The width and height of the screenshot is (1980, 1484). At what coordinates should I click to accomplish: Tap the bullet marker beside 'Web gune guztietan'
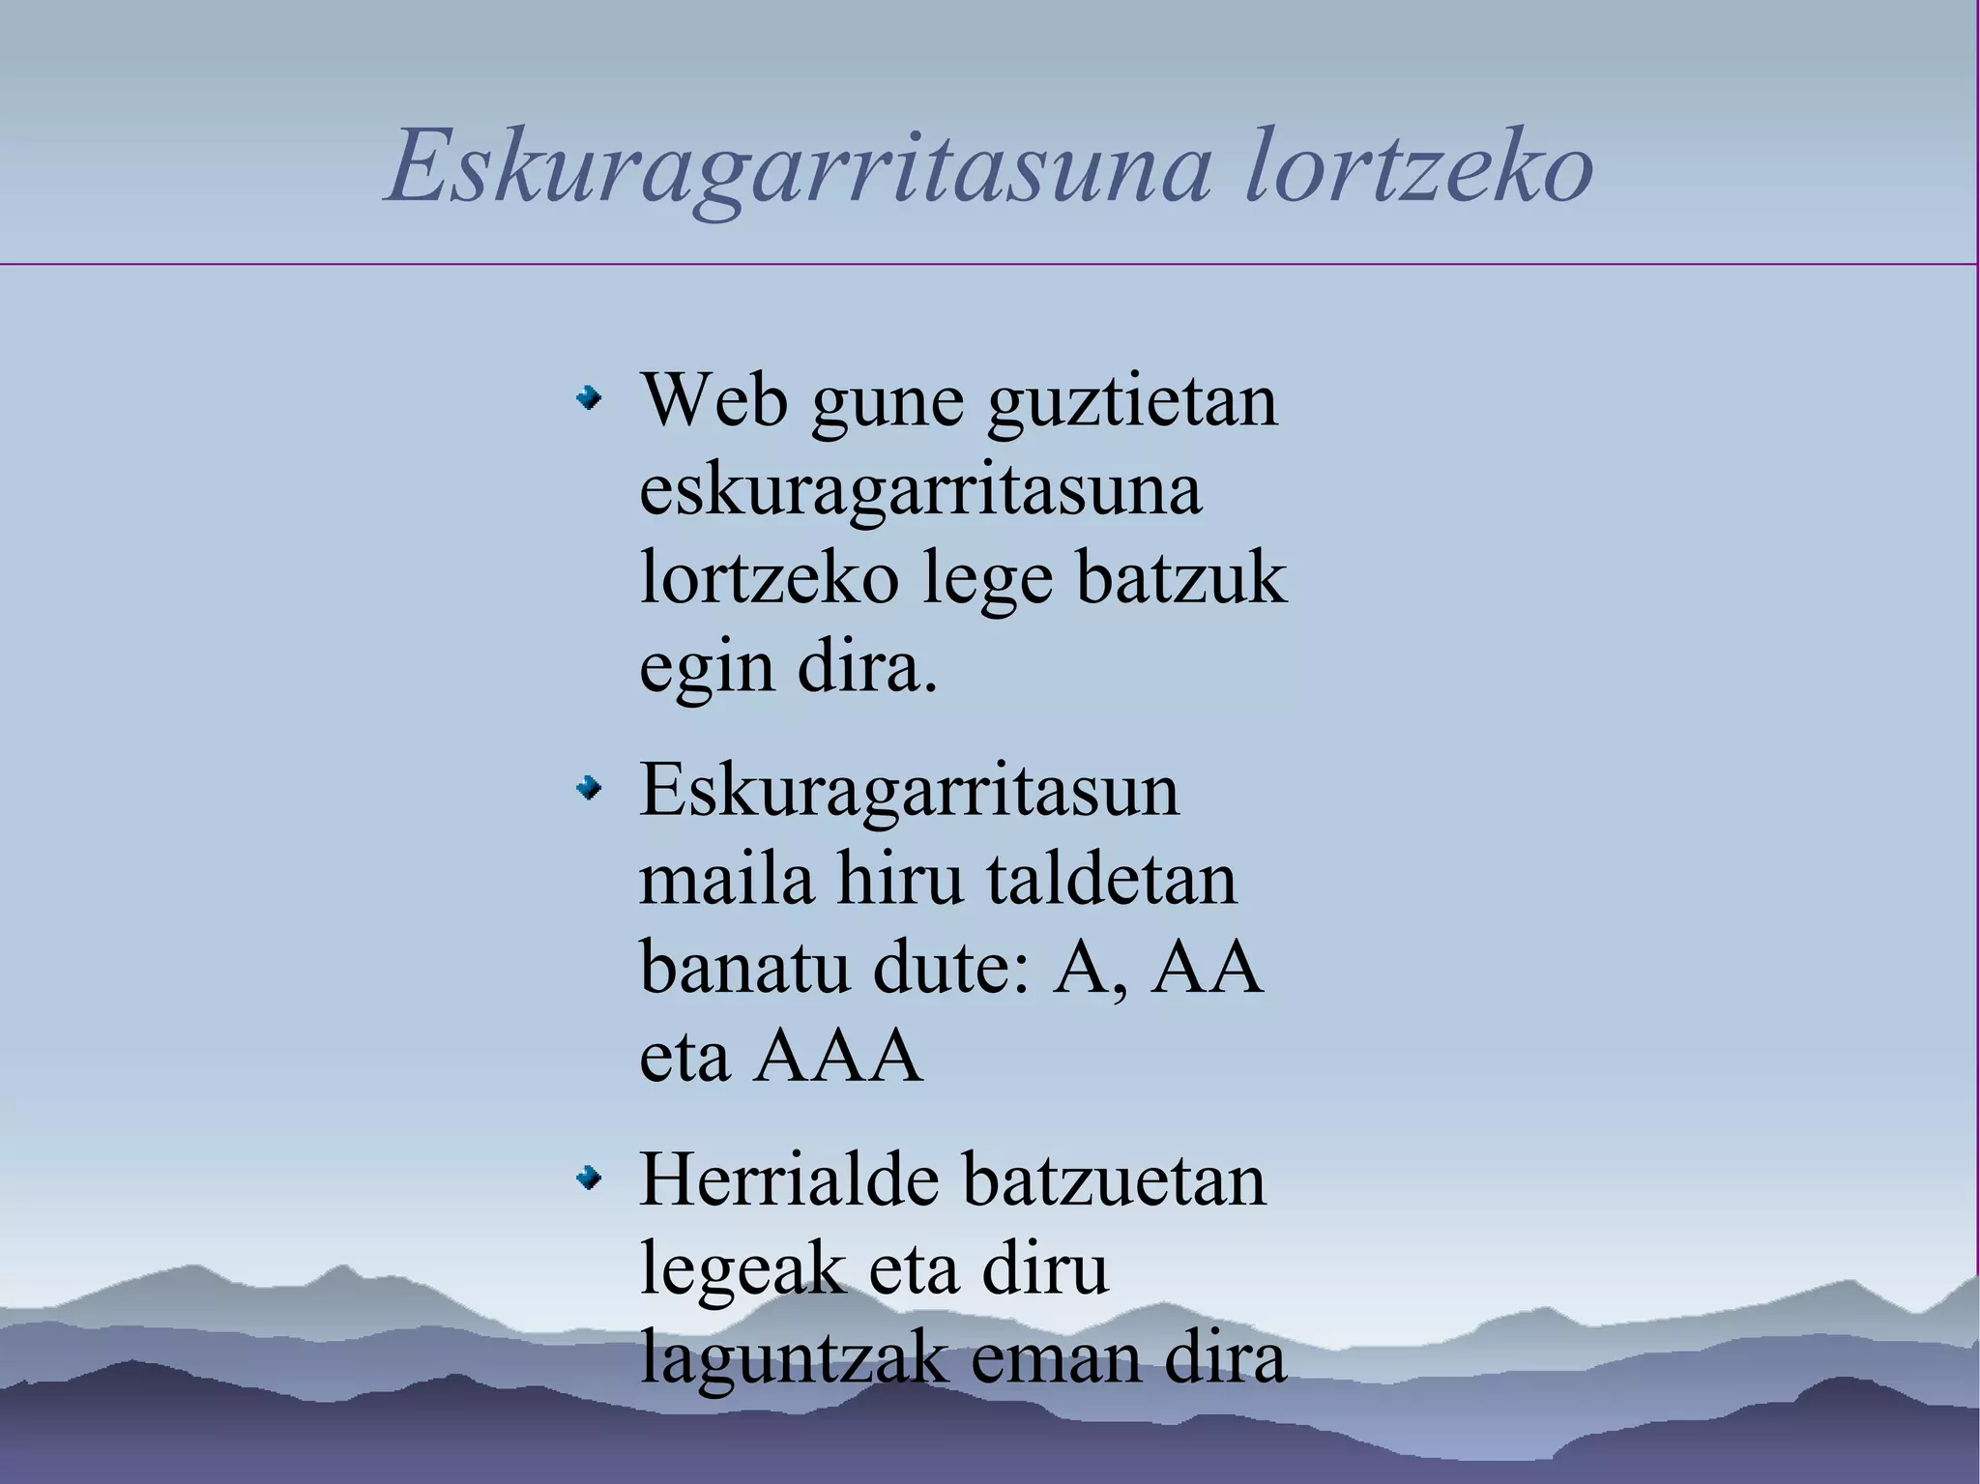[587, 398]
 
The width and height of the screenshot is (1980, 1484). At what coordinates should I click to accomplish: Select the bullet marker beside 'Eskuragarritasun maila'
[587, 790]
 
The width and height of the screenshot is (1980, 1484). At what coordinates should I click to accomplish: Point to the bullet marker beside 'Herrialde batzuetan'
[587, 1178]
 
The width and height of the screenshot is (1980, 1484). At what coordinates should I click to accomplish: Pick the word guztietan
[1132, 401]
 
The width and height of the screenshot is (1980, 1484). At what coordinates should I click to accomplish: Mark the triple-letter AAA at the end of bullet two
[838, 1056]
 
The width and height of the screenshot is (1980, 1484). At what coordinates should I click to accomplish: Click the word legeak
[742, 1270]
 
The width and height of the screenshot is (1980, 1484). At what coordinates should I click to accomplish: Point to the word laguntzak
[793, 1358]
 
